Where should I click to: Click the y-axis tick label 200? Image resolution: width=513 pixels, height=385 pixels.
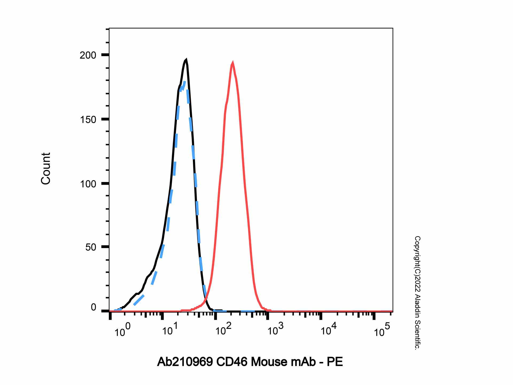pyautogui.click(x=88, y=55)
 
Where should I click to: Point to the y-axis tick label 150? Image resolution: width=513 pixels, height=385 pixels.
pyautogui.click(x=88, y=120)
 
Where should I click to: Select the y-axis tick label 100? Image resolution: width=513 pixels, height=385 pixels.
pyautogui.click(x=88, y=184)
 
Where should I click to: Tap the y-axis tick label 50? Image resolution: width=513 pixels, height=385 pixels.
pyautogui.click(x=91, y=247)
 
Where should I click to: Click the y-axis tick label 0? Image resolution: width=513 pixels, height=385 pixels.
pyautogui.click(x=93, y=307)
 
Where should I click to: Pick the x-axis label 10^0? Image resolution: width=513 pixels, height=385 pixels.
pyautogui.click(x=122, y=332)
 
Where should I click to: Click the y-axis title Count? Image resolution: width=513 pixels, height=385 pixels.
pyautogui.click(x=46, y=168)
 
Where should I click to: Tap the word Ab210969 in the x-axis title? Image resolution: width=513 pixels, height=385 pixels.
pyautogui.click(x=185, y=362)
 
